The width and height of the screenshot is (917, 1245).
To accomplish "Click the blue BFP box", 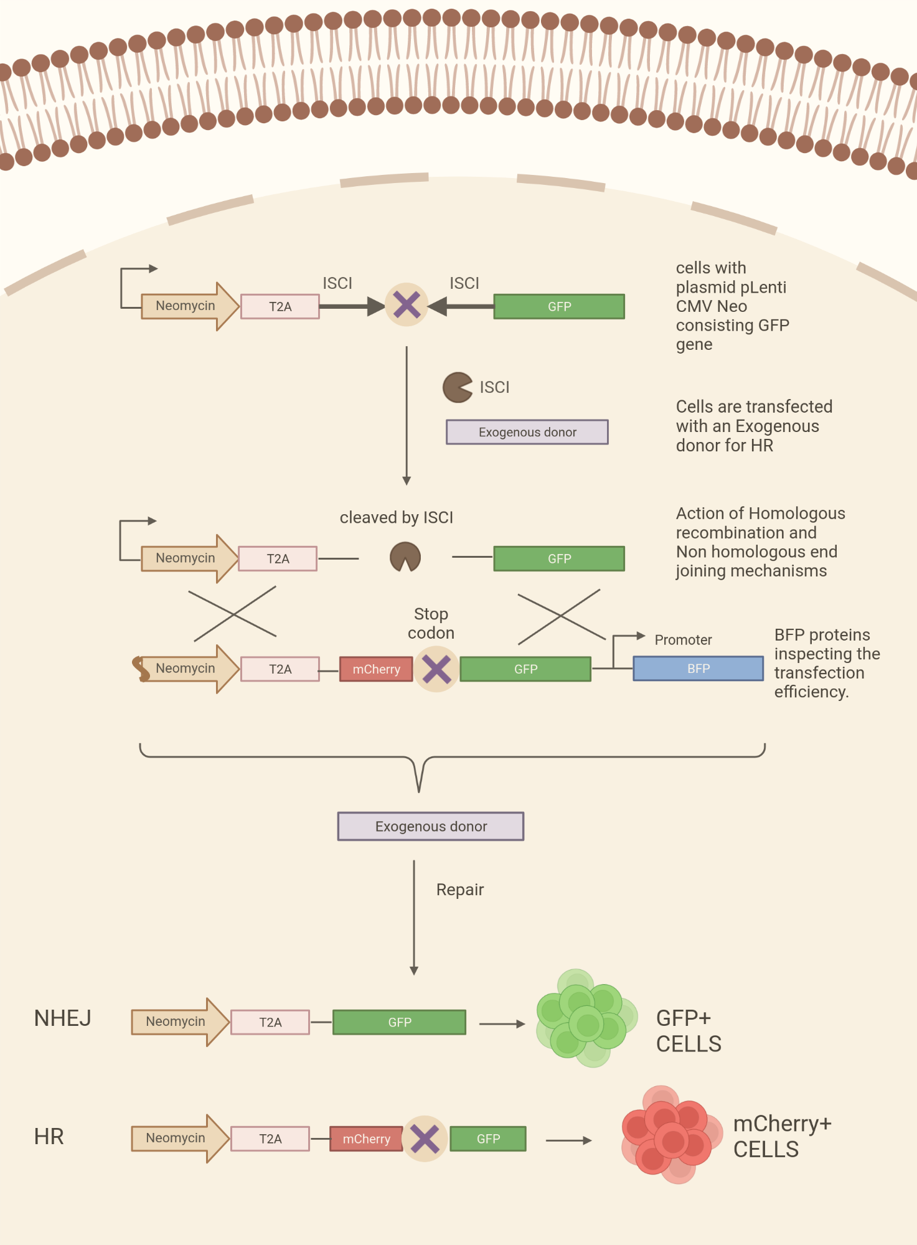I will pos(698,669).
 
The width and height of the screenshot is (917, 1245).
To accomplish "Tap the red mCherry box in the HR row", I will pos(366,1139).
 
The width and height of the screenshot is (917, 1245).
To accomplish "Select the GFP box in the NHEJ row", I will pos(399,1022).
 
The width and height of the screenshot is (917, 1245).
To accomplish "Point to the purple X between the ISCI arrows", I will pos(407,305).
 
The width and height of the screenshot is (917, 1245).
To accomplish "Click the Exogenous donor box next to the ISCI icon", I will pos(527,432).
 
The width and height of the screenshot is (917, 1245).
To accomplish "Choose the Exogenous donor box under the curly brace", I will pos(431,826).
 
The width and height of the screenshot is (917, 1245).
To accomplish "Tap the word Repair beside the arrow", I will pos(459,890).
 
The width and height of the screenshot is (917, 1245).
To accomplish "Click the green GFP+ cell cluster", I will pos(585,1018).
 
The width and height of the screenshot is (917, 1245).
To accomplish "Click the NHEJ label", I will pos(62,1018).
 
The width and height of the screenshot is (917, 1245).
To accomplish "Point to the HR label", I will pos(49,1137).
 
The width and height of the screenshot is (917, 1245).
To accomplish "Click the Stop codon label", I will pos(431,623).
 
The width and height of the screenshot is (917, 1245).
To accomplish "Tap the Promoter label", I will pos(683,640).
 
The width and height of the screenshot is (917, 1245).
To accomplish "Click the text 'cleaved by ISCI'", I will pos(396,517).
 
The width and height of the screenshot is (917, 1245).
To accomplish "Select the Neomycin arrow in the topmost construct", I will pos(187,306).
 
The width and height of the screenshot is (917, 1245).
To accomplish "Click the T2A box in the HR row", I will pos(270,1139).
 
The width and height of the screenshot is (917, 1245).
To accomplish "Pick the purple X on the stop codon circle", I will pos(436,669).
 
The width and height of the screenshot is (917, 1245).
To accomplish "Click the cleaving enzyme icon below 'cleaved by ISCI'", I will pos(405,557).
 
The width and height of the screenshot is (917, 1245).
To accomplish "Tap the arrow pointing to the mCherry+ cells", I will pos(568,1140).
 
